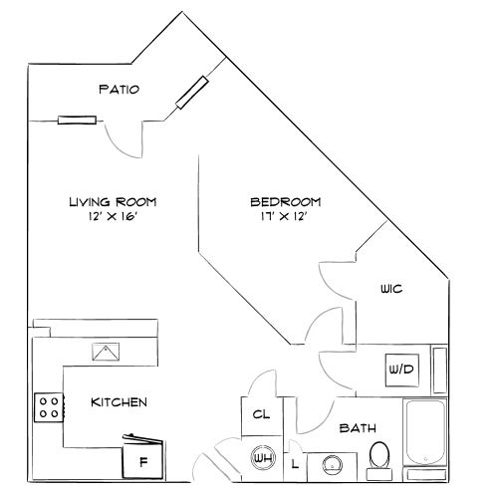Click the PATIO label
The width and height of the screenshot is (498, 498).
(119, 90)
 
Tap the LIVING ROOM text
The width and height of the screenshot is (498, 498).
(113, 201)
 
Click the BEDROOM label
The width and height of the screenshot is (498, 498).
(285, 202)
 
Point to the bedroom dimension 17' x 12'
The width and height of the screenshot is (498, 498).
(285, 217)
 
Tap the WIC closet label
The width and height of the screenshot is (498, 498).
(390, 290)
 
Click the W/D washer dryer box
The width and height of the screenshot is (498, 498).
(400, 370)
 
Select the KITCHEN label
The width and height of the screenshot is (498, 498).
(120, 402)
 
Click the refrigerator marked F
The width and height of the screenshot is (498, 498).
(142, 461)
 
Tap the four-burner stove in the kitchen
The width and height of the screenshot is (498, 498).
(49, 406)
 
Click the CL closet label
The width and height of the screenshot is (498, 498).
(261, 413)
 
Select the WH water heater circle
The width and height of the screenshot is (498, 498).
(263, 459)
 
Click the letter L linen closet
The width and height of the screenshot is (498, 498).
(295, 462)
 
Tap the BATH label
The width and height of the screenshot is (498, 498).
(358, 428)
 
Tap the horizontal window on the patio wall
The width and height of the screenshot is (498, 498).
(78, 121)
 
